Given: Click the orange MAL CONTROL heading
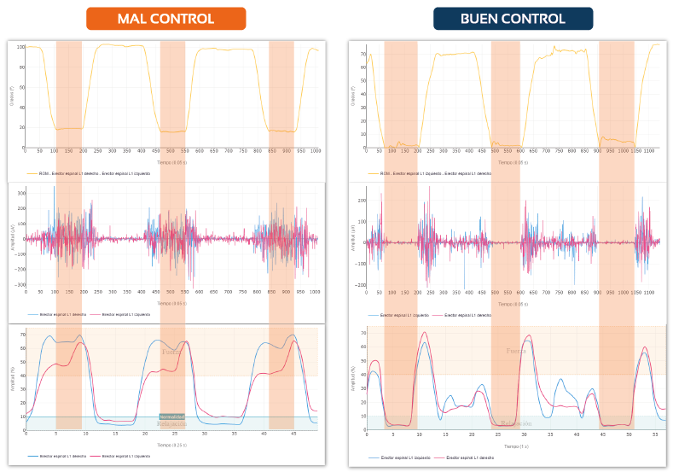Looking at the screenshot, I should pyautogui.click(x=165, y=19).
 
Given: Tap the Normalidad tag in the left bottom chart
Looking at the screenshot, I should pyautogui.click(x=172, y=417).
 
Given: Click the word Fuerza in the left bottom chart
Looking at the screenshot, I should pyautogui.click(x=172, y=351).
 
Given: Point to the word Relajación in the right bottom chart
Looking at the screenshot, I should pyautogui.click(x=516, y=422).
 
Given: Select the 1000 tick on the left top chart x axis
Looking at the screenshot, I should pyautogui.click(x=316, y=151).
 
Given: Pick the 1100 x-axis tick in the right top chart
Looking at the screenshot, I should pyautogui.click(x=648, y=150).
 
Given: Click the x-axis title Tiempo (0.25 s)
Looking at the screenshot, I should pyautogui.click(x=171, y=445).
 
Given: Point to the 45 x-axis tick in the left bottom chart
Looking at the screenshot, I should pyautogui.click(x=293, y=434).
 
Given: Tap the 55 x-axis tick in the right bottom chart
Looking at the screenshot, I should pyautogui.click(x=653, y=434).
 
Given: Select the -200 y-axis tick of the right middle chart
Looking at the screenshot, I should pyautogui.click(x=361, y=285).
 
